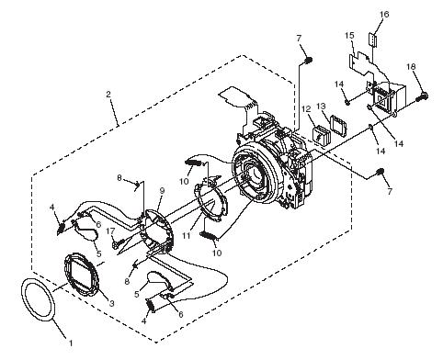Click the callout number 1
[x=71, y=343]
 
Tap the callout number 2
[x=108, y=95]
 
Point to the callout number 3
[x=112, y=303]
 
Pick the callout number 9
[x=162, y=191]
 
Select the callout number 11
[x=186, y=235]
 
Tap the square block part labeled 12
[x=321, y=135]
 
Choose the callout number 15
[x=349, y=36]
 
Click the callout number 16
[x=384, y=14]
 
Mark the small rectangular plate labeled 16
[x=372, y=39]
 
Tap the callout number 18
[x=411, y=66]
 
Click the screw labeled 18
[x=423, y=97]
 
